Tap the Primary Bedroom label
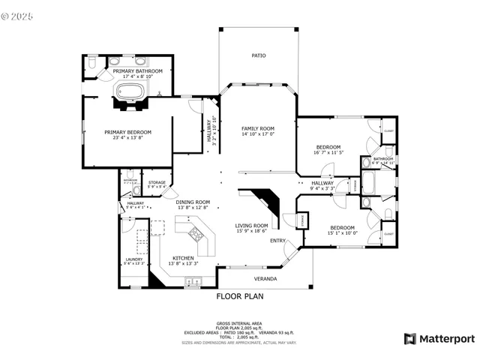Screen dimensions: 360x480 pos(127,132)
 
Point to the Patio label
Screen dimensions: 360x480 pos(258,55)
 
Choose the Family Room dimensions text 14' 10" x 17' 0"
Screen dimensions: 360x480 pos(258,135)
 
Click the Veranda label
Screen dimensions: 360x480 pos(265,279)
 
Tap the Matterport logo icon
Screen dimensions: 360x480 pos(409,338)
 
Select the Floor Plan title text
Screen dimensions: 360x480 pos(240,296)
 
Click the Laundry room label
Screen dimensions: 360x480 pos(133,259)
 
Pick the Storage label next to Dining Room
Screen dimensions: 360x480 pos(157,182)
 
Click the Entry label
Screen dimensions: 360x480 pos(277,241)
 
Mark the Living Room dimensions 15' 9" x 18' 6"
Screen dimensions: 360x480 pos(251,231)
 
